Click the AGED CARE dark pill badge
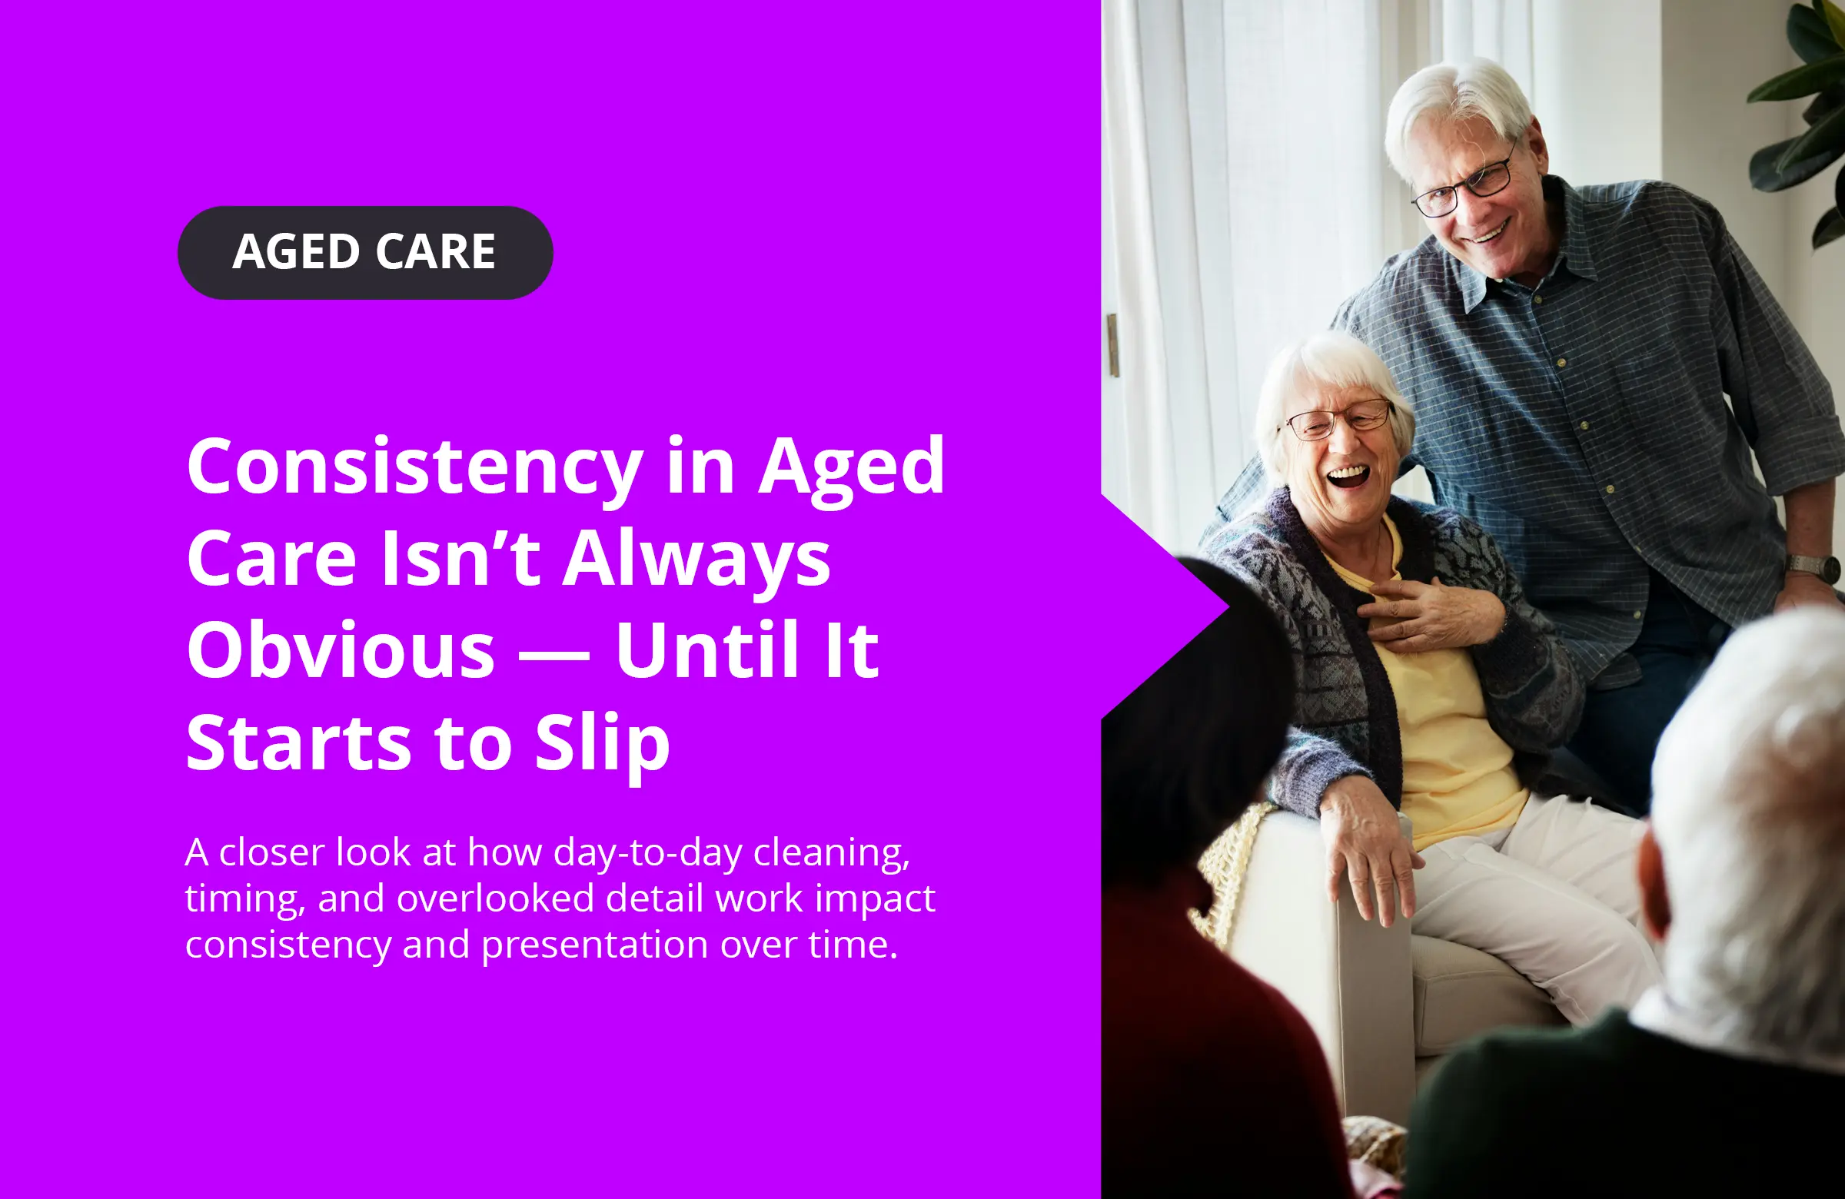tap(365, 253)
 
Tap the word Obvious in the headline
tap(341, 649)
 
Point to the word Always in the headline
tap(697, 560)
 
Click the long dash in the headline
tap(553, 655)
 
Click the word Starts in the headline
tap(298, 742)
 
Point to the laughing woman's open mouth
tap(1349, 475)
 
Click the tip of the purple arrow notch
tap(1229, 607)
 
